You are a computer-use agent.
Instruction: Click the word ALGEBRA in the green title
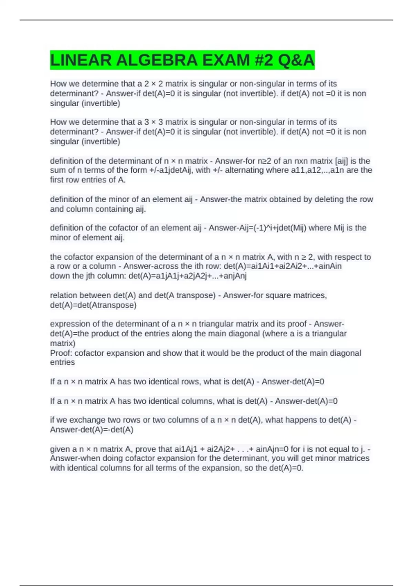(x=157, y=60)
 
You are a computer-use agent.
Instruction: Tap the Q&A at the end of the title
(x=296, y=60)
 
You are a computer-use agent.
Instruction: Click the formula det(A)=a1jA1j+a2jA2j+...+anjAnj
(x=188, y=276)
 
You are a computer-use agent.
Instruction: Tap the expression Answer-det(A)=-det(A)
(x=92, y=430)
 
